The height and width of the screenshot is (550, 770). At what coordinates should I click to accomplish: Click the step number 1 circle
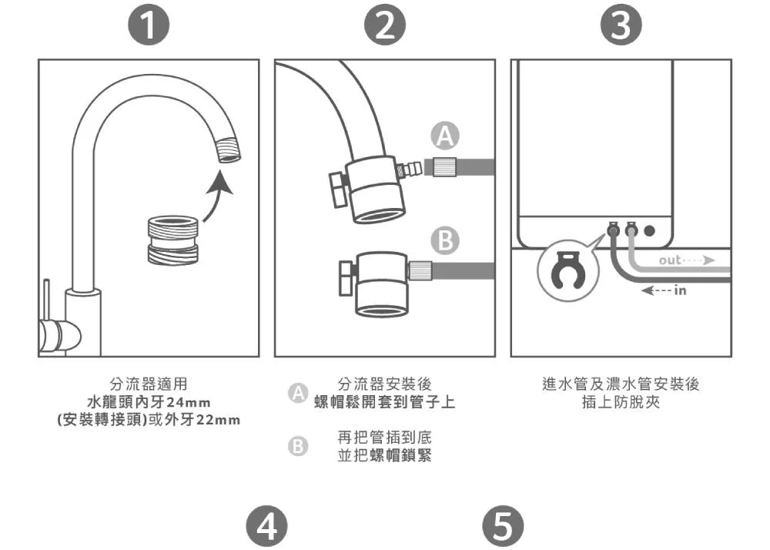[149, 28]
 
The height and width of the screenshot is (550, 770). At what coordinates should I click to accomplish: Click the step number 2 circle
[385, 28]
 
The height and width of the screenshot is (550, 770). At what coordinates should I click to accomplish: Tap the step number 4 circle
[266, 528]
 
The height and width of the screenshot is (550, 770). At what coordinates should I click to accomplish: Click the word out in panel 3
[669, 260]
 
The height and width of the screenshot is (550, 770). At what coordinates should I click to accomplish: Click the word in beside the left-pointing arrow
[679, 290]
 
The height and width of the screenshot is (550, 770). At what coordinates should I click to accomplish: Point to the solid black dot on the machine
[650, 230]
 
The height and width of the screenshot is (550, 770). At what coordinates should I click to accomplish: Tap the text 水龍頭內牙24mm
[149, 402]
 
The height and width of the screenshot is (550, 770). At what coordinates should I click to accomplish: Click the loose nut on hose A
[444, 166]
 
